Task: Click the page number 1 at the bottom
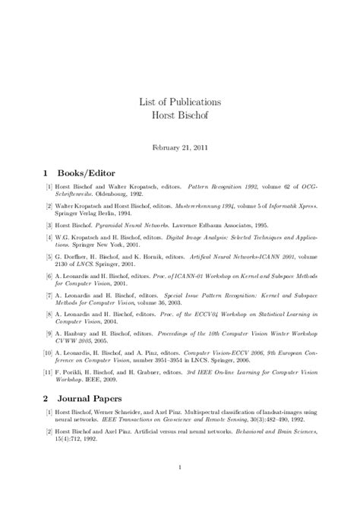tap(180, 466)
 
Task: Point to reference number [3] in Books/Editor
tap(49, 226)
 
